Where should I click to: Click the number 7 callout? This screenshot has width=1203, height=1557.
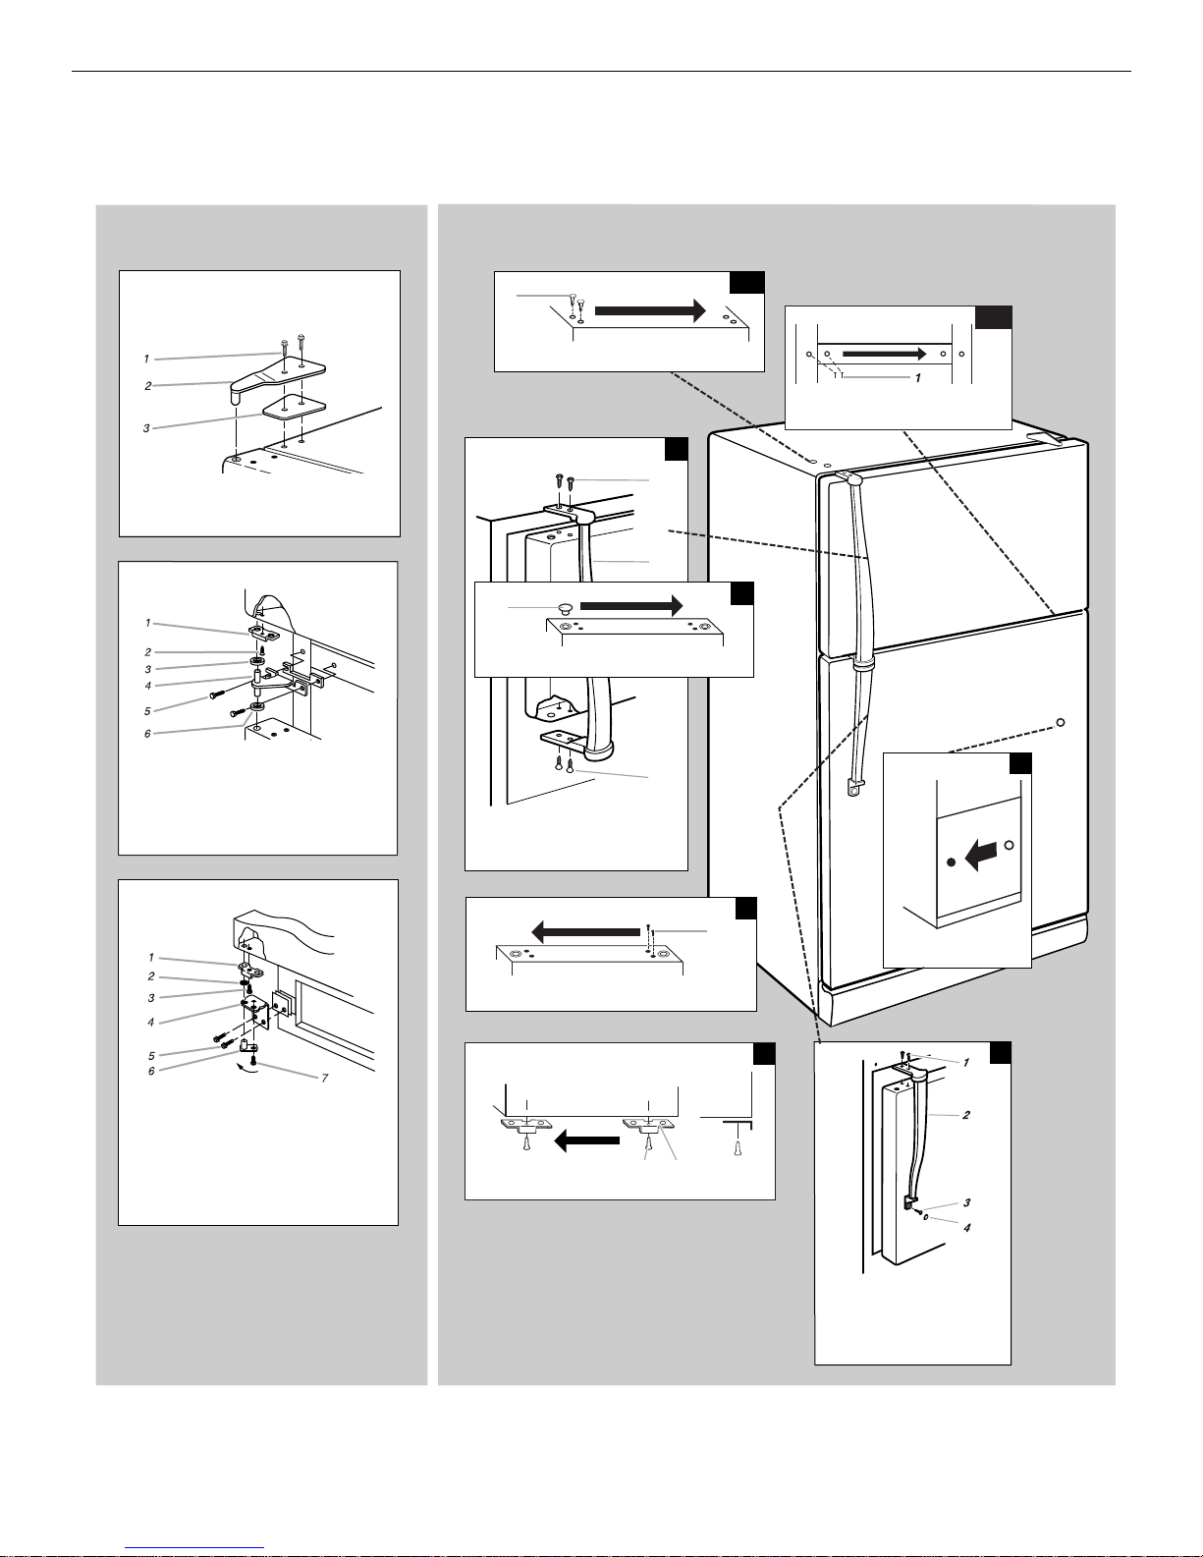click(324, 1078)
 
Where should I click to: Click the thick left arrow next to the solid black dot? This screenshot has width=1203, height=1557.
click(980, 855)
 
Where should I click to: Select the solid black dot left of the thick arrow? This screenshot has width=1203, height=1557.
click(951, 862)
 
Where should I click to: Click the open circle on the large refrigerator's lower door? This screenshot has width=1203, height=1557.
click(1061, 722)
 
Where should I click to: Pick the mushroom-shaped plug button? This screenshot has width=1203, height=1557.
click(565, 610)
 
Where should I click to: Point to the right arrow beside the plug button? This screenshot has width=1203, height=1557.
click(630, 605)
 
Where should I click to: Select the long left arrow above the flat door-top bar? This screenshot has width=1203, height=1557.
click(585, 932)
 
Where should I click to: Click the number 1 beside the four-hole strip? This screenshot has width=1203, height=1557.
click(918, 377)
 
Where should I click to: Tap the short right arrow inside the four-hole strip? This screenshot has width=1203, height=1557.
click(885, 354)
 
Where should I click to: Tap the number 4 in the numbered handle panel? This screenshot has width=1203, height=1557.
click(966, 1227)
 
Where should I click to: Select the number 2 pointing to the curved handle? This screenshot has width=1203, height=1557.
click(966, 1114)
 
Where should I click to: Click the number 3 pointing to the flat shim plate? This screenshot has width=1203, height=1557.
click(146, 427)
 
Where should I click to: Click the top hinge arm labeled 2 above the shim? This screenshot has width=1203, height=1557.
click(276, 377)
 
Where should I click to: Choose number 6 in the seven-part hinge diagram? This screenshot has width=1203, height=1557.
click(151, 1071)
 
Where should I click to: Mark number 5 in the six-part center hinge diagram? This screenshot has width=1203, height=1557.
click(147, 711)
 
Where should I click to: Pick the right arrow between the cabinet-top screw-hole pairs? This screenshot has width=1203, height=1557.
click(650, 310)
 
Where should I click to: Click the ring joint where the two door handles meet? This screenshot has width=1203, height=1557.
click(861, 665)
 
